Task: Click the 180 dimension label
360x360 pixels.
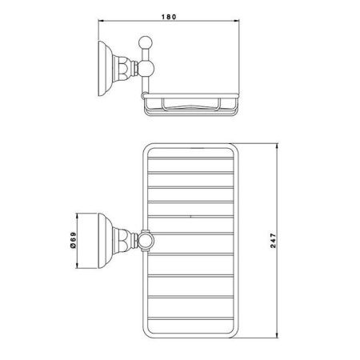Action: tap(169, 17)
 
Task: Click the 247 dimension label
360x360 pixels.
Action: tap(274, 241)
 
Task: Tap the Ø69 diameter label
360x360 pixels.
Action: tap(73, 240)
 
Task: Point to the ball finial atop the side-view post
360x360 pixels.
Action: tap(146, 42)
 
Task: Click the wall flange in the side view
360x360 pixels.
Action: tap(106, 69)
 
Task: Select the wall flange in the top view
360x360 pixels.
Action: tap(106, 241)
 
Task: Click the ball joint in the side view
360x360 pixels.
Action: tap(146, 68)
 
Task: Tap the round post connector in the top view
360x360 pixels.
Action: tap(146, 240)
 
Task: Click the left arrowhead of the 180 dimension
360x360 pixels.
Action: tap(101, 21)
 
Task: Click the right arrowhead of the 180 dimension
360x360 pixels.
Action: tap(236, 21)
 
